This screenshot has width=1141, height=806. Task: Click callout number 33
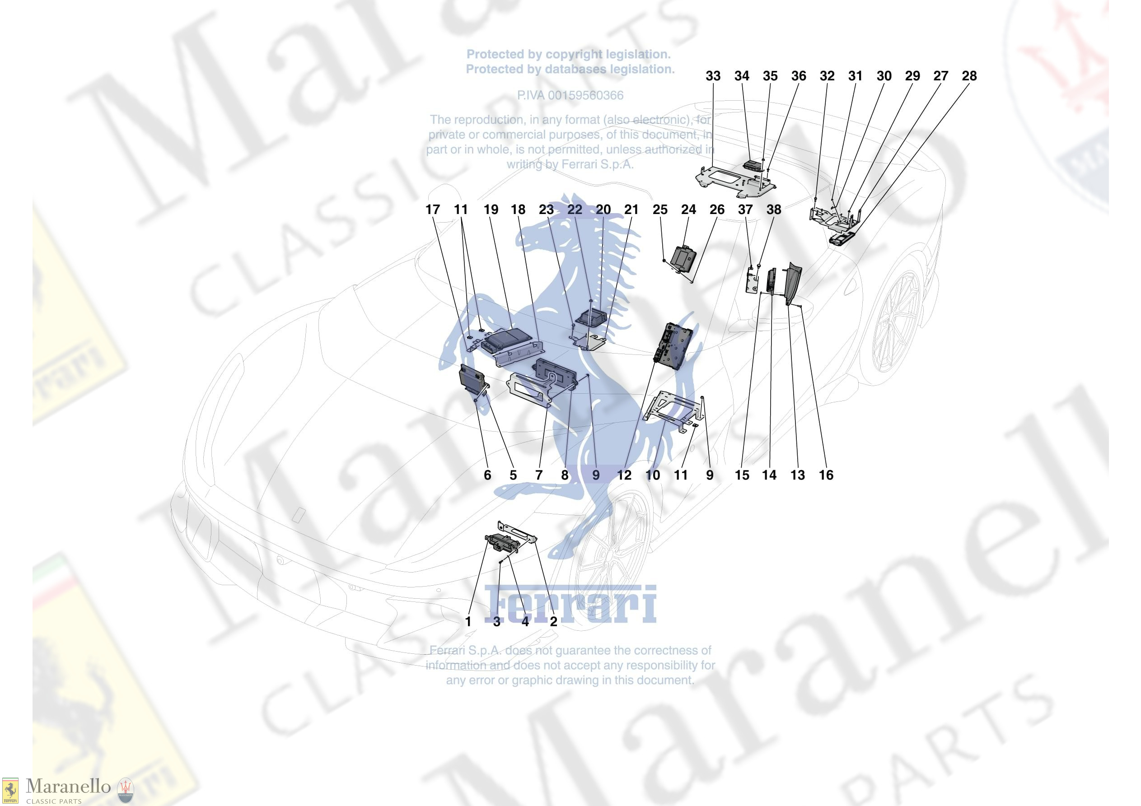tap(713, 76)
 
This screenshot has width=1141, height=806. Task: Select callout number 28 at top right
tap(969, 76)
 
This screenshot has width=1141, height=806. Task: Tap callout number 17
tap(432, 210)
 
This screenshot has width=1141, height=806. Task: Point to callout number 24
tap(688, 210)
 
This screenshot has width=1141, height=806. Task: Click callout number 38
tap(774, 210)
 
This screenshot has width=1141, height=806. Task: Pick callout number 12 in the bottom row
tap(624, 475)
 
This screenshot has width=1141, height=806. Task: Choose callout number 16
tap(826, 475)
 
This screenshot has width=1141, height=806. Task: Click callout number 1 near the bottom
tap(468, 621)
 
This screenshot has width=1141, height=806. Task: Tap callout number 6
tap(487, 475)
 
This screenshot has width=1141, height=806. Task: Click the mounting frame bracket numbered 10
tap(674, 411)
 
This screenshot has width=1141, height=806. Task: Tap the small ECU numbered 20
tap(591, 316)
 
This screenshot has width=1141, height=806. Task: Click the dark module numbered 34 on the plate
tap(753, 166)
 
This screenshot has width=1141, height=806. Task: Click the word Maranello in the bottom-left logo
tap(68, 787)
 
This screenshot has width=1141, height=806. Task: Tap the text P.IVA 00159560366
tap(570, 95)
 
